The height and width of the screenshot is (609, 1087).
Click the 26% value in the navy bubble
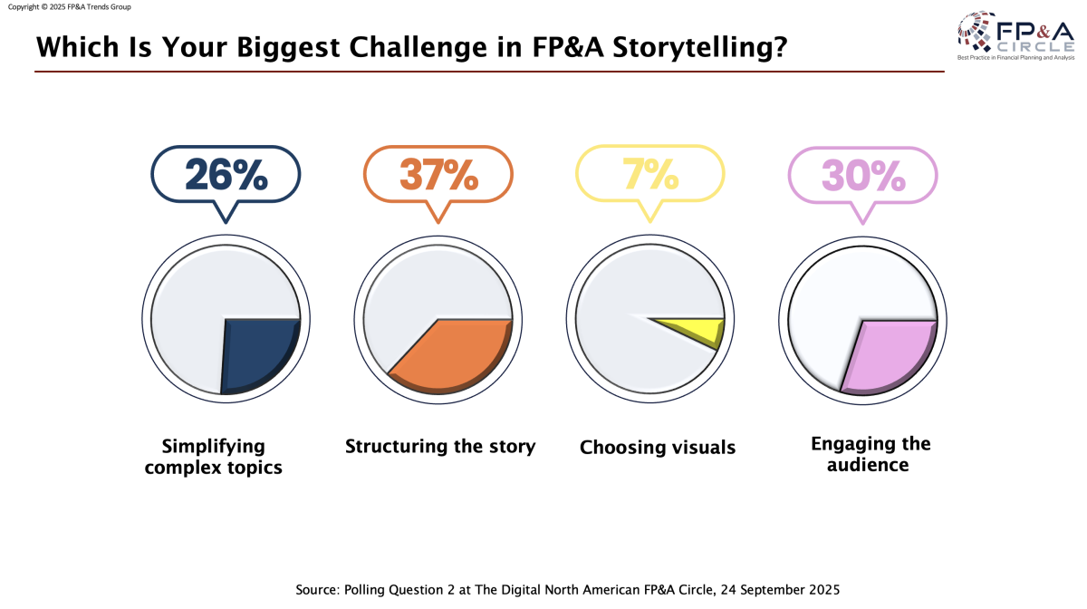click(226, 174)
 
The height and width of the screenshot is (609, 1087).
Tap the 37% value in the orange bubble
click(438, 174)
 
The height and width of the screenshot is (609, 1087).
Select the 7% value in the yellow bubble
click(650, 174)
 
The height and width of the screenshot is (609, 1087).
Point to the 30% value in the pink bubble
click(863, 174)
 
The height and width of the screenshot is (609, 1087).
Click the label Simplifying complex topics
click(214, 457)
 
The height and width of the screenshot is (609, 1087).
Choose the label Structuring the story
click(440, 447)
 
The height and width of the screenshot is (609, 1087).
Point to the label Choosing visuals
click(658, 448)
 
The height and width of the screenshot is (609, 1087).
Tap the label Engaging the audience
click(871, 454)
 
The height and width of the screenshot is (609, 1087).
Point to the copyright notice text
click(69, 6)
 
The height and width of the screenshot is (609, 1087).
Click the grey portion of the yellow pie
click(625, 299)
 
